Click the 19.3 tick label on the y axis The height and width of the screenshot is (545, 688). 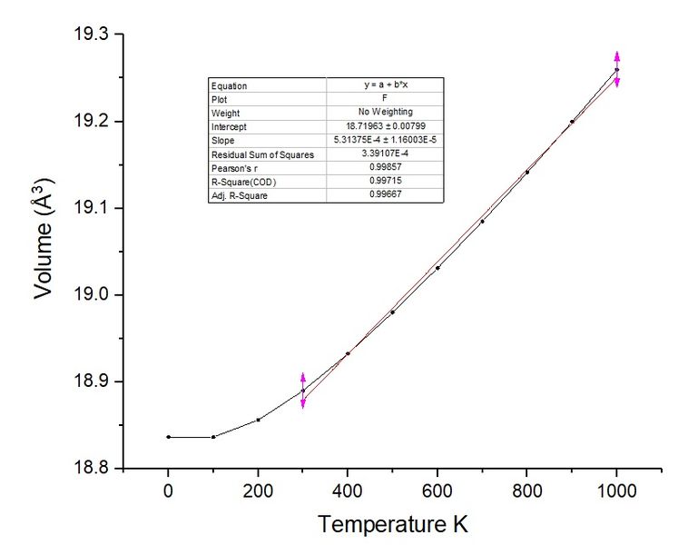click(x=91, y=35)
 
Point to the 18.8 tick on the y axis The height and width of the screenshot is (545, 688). click(x=91, y=469)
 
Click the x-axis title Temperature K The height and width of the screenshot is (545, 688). click(x=392, y=524)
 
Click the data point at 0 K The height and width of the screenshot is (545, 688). click(x=168, y=437)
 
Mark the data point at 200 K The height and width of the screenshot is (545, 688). click(x=258, y=420)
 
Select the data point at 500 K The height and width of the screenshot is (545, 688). click(x=392, y=312)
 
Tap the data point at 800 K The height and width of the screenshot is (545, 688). click(x=527, y=172)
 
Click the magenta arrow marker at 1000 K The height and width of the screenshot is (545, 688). click(x=617, y=69)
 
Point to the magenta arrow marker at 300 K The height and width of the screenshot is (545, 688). click(x=303, y=391)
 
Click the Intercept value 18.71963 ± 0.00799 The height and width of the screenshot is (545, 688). click(x=385, y=127)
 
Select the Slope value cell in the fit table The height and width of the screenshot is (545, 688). click(x=385, y=141)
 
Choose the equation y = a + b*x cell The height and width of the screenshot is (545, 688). click(x=385, y=85)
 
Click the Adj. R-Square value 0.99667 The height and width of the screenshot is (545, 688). click(x=385, y=196)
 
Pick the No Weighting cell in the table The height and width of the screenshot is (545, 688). click(x=385, y=114)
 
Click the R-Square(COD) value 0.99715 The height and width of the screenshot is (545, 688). click(x=385, y=183)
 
